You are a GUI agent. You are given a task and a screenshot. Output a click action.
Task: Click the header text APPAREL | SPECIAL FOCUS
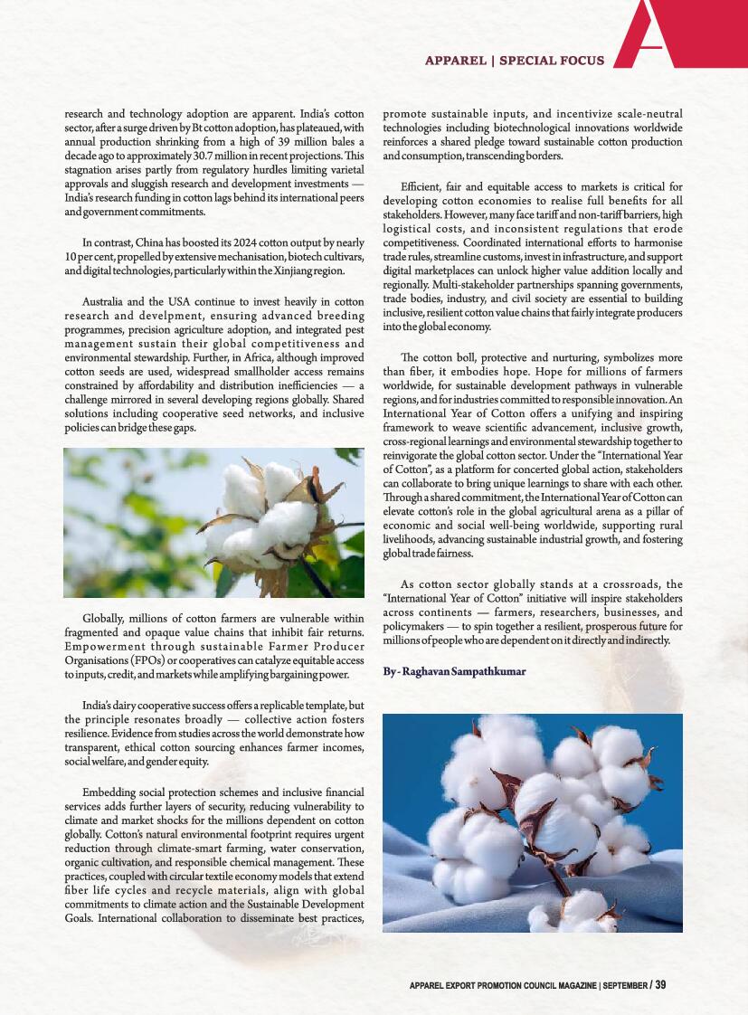coord(514,61)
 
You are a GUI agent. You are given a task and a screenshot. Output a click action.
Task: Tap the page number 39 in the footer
coord(660,984)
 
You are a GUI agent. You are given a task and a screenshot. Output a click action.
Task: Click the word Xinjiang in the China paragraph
coord(285,271)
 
